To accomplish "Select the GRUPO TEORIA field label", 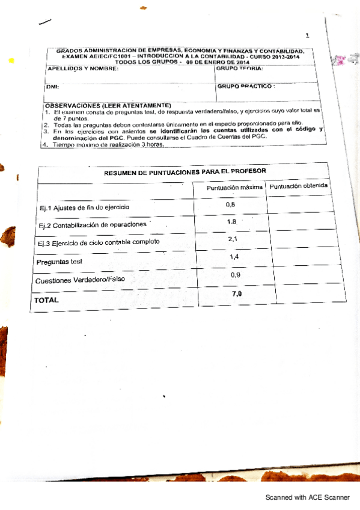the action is [x=239, y=69].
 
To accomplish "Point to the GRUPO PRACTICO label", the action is [x=246, y=86].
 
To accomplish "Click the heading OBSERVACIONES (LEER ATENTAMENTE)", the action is [x=108, y=105].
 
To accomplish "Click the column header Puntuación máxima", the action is [x=234, y=188].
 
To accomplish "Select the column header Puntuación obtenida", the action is [x=299, y=186].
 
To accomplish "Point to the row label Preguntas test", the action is [x=59, y=262].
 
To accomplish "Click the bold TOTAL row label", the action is [x=47, y=300].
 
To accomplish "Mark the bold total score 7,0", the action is [x=237, y=293].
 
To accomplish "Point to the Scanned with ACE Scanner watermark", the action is [x=308, y=498].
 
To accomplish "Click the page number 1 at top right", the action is [x=307, y=36].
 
